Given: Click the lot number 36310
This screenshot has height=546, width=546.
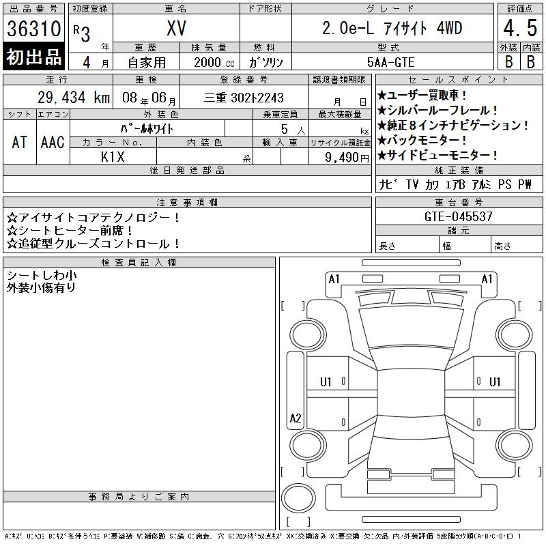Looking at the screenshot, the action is point(33,29).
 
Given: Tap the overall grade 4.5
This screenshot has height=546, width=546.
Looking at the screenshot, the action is point(520,28).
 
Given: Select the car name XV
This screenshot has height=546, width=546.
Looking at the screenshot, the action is point(176,28).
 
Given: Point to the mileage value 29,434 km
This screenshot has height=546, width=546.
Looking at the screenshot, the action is point(74,98).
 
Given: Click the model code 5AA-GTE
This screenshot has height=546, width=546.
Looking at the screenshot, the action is point(390,62).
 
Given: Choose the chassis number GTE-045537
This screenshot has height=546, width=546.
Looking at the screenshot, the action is point(458,216).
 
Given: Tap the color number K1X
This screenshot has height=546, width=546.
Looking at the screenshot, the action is point(113,157).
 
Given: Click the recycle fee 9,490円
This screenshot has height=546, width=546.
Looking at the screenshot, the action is point(347,158).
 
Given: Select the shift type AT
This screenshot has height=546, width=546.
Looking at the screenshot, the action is point(19,142).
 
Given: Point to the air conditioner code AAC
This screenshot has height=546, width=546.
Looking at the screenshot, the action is point(53,142).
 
